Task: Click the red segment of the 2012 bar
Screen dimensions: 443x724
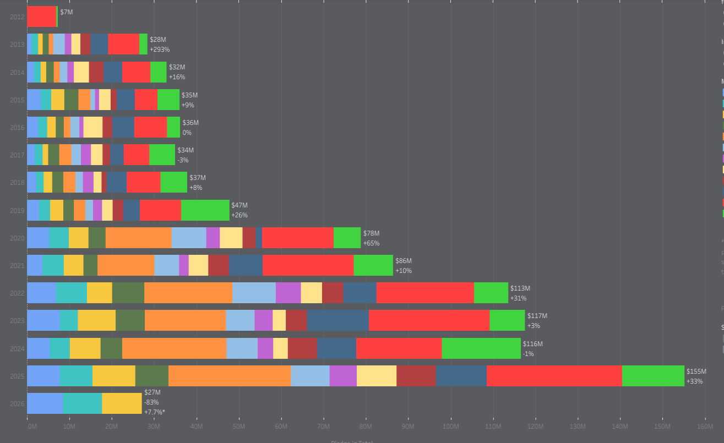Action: click(x=41, y=17)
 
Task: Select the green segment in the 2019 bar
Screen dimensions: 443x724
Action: click(x=205, y=210)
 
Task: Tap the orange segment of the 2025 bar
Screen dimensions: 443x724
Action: click(x=229, y=376)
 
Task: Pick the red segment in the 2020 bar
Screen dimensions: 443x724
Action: click(x=297, y=238)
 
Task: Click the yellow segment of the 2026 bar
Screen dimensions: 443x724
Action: click(x=122, y=403)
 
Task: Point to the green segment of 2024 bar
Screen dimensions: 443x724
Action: click(x=481, y=348)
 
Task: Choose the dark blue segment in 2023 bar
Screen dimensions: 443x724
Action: click(x=337, y=320)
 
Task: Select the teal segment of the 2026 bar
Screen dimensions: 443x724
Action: click(x=82, y=403)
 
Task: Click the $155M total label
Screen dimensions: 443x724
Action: click(x=696, y=371)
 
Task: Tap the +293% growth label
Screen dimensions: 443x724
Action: click(x=160, y=50)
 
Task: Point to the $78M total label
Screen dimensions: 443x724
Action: click(x=371, y=233)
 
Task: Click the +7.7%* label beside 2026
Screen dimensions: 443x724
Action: click(x=155, y=412)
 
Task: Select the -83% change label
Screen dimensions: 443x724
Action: click(x=151, y=402)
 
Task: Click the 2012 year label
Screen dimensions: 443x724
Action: click(x=17, y=17)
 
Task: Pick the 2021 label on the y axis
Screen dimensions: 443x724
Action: click(x=17, y=266)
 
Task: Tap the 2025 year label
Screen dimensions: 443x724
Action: click(x=17, y=376)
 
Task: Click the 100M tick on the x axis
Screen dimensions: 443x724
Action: click(x=450, y=426)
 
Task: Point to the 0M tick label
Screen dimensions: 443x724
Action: click(x=32, y=426)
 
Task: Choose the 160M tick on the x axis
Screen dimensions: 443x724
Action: click(x=705, y=426)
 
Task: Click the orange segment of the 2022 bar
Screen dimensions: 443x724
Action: click(x=188, y=293)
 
